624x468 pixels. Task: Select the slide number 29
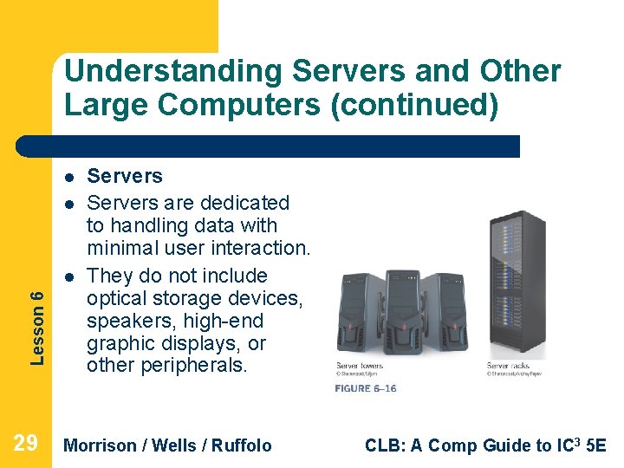26,445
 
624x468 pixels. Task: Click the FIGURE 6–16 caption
365,388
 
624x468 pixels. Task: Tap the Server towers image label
361,366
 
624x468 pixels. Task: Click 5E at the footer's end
596,445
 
